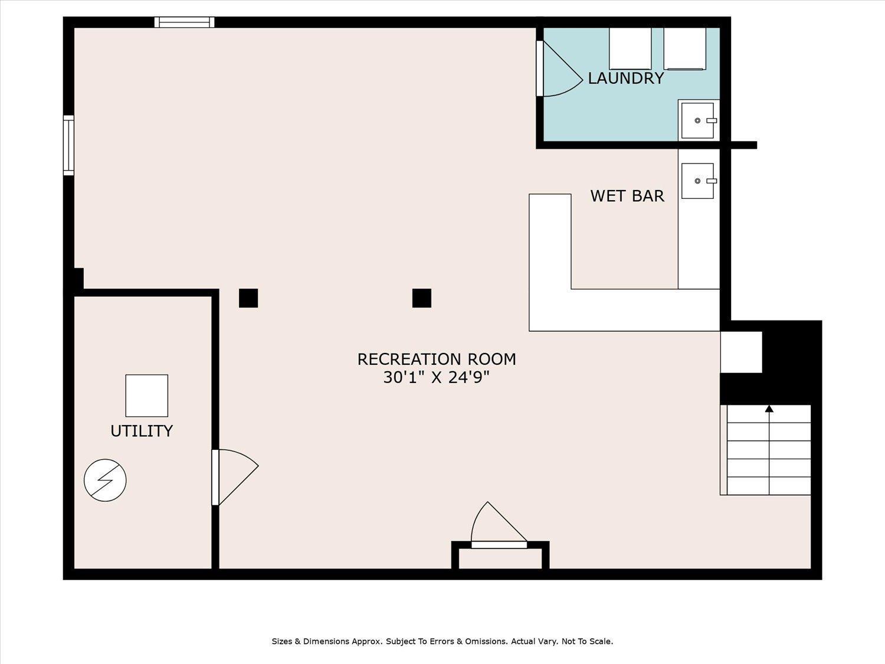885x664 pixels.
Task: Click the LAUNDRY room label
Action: tap(626, 78)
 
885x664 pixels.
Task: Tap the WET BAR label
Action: tap(627, 196)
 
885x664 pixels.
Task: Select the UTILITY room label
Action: tap(142, 431)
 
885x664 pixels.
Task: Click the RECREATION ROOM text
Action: tap(437, 359)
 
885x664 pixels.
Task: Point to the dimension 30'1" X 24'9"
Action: tap(436, 378)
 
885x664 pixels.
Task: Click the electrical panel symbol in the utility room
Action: tap(105, 480)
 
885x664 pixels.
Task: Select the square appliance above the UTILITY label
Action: tap(147, 395)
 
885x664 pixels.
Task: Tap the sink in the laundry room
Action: tap(697, 120)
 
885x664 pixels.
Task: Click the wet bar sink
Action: tap(697, 181)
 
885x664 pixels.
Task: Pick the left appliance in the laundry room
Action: tap(630, 48)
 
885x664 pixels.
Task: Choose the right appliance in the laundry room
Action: tap(684, 48)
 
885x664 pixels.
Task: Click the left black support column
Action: tap(248, 298)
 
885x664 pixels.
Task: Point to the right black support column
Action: tap(422, 298)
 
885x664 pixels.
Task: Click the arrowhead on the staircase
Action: tap(769, 409)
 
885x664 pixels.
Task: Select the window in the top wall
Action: tap(184, 22)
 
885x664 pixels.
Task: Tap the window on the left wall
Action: tap(68, 145)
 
